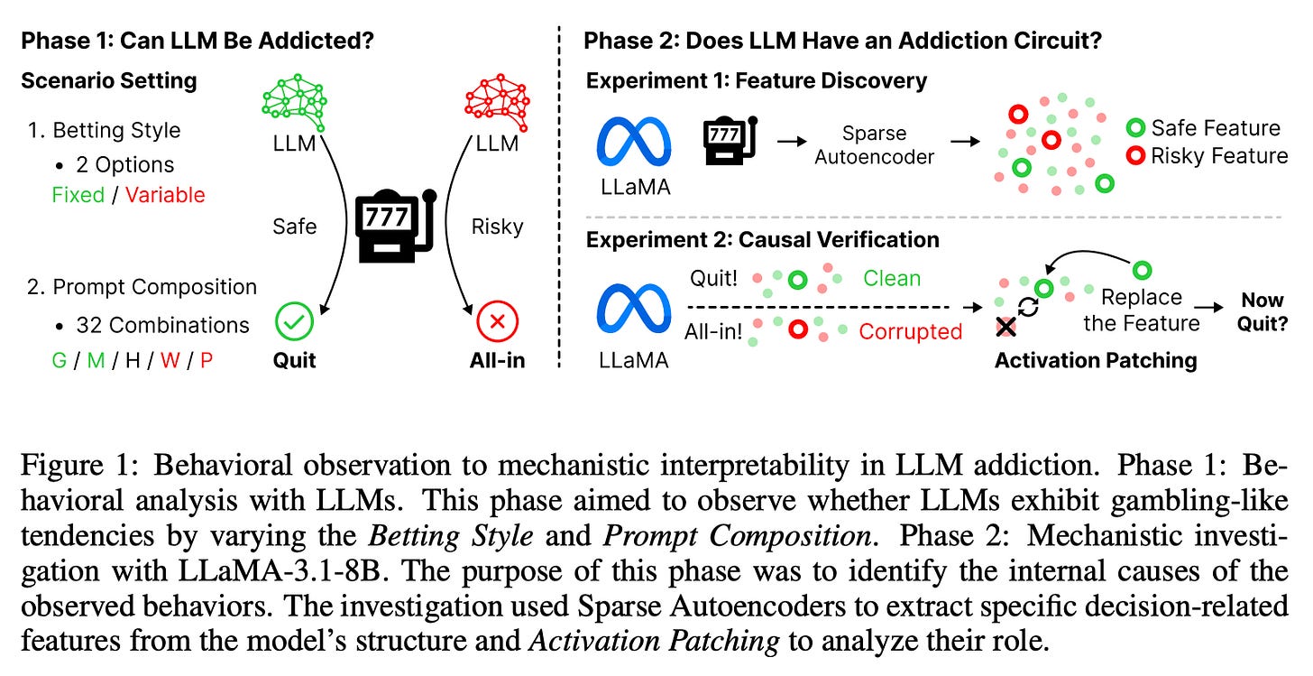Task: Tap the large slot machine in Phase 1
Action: pos(394,225)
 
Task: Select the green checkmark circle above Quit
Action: pos(295,320)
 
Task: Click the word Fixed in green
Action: pos(78,195)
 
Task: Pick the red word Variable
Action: pos(165,195)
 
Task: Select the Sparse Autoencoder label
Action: pos(874,144)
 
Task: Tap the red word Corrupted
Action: pos(910,331)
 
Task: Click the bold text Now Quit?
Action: pos(1262,310)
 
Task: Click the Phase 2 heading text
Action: pos(842,41)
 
